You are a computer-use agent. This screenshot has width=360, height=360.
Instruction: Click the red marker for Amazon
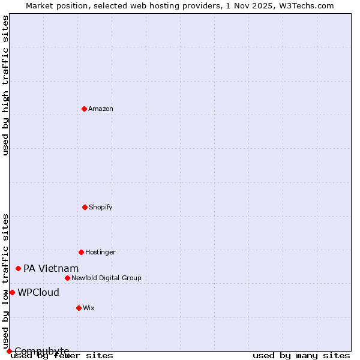coord(84,109)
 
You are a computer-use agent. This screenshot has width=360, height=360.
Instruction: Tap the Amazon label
coord(101,109)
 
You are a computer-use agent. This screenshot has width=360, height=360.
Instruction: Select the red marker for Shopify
coord(85,207)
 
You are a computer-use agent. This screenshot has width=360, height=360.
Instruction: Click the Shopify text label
coord(101,208)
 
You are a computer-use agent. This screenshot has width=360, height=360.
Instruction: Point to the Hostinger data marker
coord(81,252)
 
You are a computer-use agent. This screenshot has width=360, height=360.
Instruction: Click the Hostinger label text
coord(100,253)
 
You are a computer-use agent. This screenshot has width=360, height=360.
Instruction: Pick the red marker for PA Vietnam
coord(18,268)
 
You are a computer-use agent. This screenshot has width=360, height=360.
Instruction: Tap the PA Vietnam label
coord(51,269)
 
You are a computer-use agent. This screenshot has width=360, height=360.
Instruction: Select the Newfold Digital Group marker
coord(67,278)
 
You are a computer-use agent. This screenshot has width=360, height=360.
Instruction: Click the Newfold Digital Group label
coord(106,278)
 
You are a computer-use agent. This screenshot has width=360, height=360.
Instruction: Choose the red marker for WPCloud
coord(12,292)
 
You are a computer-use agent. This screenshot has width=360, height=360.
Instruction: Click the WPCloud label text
coord(38,293)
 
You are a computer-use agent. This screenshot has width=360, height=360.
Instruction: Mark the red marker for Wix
coord(79,308)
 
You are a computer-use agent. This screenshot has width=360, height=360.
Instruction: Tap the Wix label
coord(89,308)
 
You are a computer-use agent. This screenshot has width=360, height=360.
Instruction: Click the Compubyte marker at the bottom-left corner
coord(9,351)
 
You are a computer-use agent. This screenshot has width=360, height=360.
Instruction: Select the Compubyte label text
coord(42,351)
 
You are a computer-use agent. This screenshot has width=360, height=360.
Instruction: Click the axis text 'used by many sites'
coord(301,356)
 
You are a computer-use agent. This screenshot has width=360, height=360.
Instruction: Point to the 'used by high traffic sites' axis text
coord(6,85)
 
